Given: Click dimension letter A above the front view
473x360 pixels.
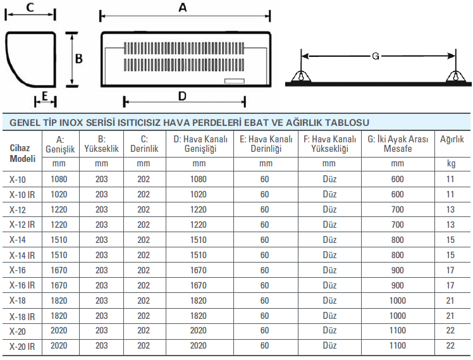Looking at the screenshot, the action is coord(183,7).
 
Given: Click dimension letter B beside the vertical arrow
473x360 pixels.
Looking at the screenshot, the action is coord(79,59).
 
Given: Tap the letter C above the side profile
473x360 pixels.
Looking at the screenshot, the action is coord(30,7).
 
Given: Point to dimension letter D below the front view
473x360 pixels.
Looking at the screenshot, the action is coord(182,96).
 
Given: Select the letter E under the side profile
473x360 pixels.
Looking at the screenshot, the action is coord(45,96).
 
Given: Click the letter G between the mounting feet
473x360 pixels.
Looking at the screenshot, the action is coord(376,56).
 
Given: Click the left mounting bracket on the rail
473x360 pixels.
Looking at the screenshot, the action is coord(301,77).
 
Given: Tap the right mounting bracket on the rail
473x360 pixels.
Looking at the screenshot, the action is coord(456,77).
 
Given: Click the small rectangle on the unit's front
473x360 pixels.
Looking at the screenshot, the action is coord(235,81).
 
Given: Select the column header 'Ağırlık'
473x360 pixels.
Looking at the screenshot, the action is coord(451,139).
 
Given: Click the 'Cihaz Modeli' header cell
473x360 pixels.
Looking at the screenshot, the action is coord(23,153).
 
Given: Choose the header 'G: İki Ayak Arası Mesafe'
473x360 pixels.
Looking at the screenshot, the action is coord(398,144).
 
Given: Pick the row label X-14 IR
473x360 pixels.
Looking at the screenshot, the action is coord(22,256).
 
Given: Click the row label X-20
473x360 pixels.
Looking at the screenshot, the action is coord(18,332).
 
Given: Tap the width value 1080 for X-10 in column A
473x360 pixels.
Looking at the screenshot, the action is coord(59,179).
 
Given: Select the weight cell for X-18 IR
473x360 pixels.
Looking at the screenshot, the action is coord(450,316).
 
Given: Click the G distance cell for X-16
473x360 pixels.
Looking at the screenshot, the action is coord(398,270).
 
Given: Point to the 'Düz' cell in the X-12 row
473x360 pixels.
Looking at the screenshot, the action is coord(329,209).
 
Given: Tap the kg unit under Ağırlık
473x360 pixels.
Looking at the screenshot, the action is coord(451,163).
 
